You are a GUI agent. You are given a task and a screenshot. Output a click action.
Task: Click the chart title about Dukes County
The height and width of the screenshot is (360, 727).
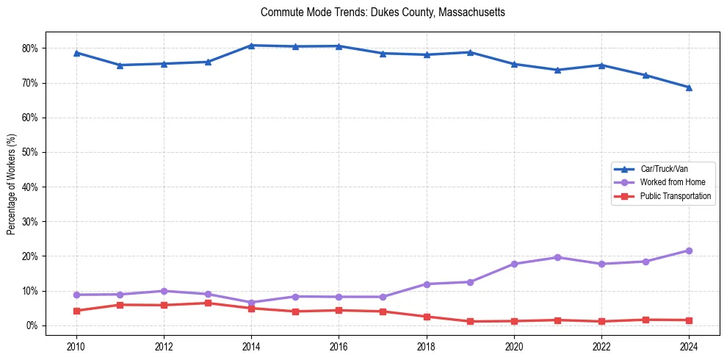[372, 13]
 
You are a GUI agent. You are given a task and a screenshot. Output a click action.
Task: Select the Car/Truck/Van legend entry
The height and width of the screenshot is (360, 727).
[664, 168]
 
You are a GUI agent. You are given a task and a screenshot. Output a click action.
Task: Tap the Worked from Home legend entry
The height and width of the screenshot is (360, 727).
[668, 182]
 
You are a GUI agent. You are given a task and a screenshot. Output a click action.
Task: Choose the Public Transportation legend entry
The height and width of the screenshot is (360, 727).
[675, 196]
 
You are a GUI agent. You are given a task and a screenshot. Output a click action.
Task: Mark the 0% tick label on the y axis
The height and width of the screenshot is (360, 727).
[34, 325]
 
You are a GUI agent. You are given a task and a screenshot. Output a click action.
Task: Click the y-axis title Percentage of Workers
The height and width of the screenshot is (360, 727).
[12, 184]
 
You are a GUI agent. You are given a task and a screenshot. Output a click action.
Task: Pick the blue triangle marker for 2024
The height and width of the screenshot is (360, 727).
[689, 87]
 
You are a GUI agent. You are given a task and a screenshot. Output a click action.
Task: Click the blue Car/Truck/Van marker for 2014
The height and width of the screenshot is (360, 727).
[251, 46]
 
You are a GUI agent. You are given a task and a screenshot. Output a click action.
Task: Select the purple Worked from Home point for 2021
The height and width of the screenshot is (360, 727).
[557, 257]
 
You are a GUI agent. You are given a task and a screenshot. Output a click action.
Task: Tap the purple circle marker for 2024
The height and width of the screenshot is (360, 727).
[689, 251]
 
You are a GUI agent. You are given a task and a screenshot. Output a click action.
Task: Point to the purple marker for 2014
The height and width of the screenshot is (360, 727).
[251, 303]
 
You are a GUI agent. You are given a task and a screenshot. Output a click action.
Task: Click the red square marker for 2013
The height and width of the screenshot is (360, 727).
[208, 303]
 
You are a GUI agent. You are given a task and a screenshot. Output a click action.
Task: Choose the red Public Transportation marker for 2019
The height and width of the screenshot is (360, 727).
[470, 321]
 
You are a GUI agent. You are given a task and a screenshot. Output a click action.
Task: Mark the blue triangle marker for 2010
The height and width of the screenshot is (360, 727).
[76, 53]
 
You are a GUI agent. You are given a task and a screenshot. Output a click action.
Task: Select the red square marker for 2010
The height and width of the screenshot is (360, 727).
[76, 311]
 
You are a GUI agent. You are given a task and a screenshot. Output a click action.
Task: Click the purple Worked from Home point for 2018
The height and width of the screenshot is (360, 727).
[427, 284]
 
